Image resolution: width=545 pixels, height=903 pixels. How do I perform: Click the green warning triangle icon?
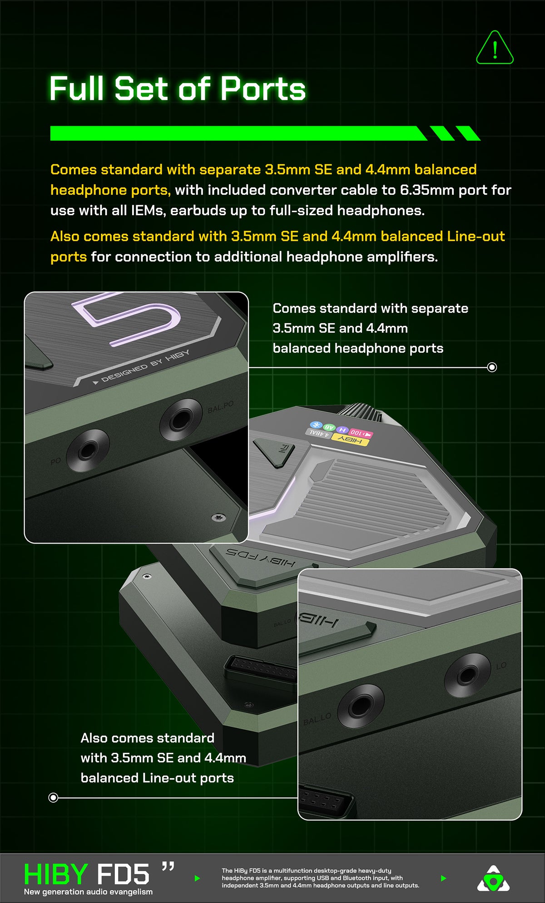tap(495, 48)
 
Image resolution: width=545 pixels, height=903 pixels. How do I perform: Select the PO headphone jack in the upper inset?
tap(88, 450)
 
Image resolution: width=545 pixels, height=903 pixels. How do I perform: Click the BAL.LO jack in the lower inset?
tap(361, 707)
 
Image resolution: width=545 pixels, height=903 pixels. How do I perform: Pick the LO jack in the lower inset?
tap(467, 675)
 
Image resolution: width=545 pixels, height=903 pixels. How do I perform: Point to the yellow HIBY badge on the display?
tap(350, 439)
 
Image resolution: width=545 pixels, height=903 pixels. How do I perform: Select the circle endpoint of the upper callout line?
tap(491, 367)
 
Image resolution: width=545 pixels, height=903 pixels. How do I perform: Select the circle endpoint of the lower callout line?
tap(53, 797)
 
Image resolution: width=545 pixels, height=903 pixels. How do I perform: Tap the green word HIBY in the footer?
tap(56, 874)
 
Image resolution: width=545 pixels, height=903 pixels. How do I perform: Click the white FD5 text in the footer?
tap(123, 874)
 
